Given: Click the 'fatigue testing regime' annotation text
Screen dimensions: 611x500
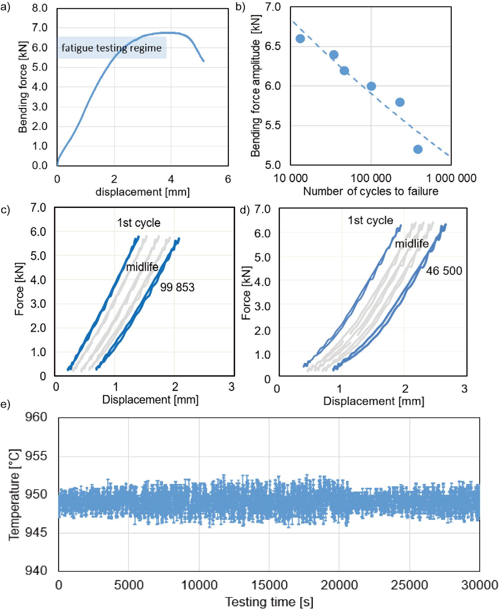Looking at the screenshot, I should (x=111, y=48).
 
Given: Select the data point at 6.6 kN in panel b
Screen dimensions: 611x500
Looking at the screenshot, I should (x=300, y=39).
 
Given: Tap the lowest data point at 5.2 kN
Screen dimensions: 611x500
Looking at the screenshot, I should (x=418, y=149).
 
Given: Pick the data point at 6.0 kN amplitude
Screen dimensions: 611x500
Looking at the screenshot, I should (x=371, y=86).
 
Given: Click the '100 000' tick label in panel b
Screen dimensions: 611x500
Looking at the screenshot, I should (x=371, y=178).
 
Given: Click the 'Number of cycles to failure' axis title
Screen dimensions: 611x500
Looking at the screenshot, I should (x=371, y=192).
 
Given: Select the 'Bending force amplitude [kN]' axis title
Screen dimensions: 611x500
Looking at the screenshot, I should (x=255, y=86).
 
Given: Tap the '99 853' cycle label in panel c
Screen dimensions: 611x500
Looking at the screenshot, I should (x=177, y=287).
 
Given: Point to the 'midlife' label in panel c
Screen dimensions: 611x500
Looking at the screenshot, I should (x=142, y=267).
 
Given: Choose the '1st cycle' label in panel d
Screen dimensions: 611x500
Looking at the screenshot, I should (x=370, y=220).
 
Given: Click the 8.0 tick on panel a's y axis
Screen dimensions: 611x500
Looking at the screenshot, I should (x=40, y=8).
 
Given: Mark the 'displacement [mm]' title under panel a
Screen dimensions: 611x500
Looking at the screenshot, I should (x=142, y=192).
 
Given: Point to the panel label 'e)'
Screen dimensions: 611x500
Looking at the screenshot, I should (x=5, y=404).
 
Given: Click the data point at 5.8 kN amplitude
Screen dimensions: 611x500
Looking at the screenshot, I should (x=400, y=102).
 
